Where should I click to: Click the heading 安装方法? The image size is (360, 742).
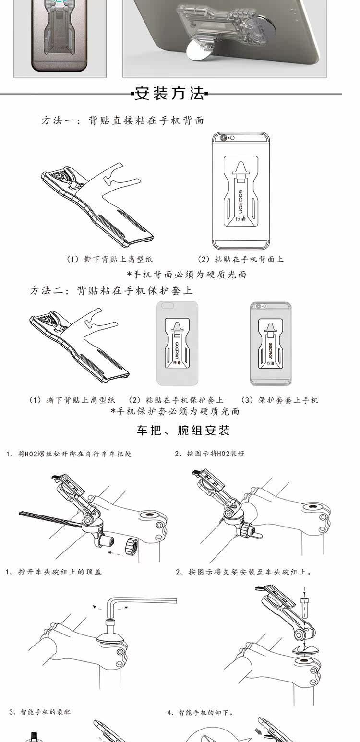tap(170, 93)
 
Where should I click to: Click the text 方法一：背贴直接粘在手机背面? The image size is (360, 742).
tap(123, 120)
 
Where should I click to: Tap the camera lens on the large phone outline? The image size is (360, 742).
tap(224, 138)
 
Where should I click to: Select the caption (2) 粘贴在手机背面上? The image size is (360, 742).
tap(241, 259)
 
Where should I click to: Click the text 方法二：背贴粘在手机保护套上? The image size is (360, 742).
tap(111, 290)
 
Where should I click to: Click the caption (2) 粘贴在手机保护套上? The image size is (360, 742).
tap(177, 400)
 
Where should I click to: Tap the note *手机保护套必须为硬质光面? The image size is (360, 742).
tap(175, 411)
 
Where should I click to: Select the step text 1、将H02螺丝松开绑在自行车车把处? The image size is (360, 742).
tap(69, 454)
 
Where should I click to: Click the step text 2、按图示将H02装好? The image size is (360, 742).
tap(209, 454)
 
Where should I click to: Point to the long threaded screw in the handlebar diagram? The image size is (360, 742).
tap(48, 519)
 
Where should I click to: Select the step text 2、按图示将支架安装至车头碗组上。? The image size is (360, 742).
tap(244, 572)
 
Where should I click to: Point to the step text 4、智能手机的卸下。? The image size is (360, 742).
tap(201, 712)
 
